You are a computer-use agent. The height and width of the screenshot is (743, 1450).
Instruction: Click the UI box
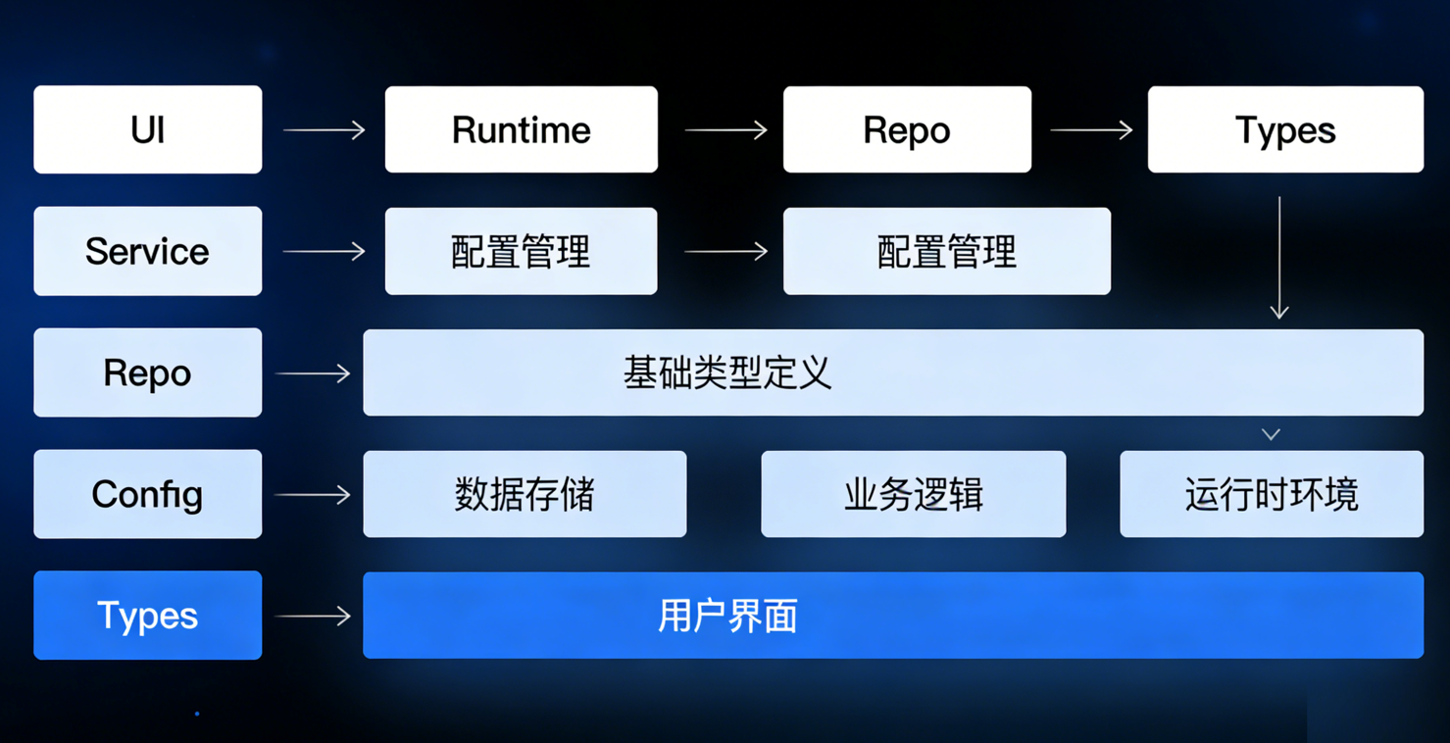click(148, 129)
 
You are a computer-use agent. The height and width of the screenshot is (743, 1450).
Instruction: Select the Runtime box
click(521, 129)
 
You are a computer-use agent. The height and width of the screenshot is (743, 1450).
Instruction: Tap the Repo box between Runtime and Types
click(907, 129)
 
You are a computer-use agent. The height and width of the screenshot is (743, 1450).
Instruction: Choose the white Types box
click(1285, 129)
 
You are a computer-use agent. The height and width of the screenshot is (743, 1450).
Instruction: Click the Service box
click(148, 251)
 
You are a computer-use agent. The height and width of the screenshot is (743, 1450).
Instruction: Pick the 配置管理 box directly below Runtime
click(521, 251)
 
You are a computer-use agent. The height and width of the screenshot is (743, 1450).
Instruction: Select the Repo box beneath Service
click(148, 372)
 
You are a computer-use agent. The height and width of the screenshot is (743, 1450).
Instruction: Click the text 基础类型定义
click(726, 372)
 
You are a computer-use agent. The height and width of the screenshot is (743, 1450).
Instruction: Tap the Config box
click(148, 494)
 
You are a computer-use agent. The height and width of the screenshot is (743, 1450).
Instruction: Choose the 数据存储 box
click(525, 494)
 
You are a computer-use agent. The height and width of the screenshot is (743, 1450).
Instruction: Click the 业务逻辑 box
click(913, 494)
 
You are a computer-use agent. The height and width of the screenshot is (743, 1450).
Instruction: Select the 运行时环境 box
click(1272, 494)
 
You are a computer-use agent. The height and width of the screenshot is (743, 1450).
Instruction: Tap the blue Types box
click(148, 616)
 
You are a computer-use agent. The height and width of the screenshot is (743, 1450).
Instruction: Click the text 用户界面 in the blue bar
click(726, 616)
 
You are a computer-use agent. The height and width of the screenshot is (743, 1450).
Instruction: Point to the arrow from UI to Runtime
click(324, 129)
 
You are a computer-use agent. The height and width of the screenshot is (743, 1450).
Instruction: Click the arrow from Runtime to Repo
click(725, 129)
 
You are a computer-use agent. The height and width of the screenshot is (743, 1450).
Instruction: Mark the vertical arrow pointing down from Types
click(1279, 257)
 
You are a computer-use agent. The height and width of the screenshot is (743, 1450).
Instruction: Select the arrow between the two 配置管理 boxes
click(725, 252)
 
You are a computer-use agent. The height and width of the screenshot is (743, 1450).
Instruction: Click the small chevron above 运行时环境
click(1271, 434)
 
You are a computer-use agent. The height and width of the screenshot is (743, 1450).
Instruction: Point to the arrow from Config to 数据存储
click(313, 495)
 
